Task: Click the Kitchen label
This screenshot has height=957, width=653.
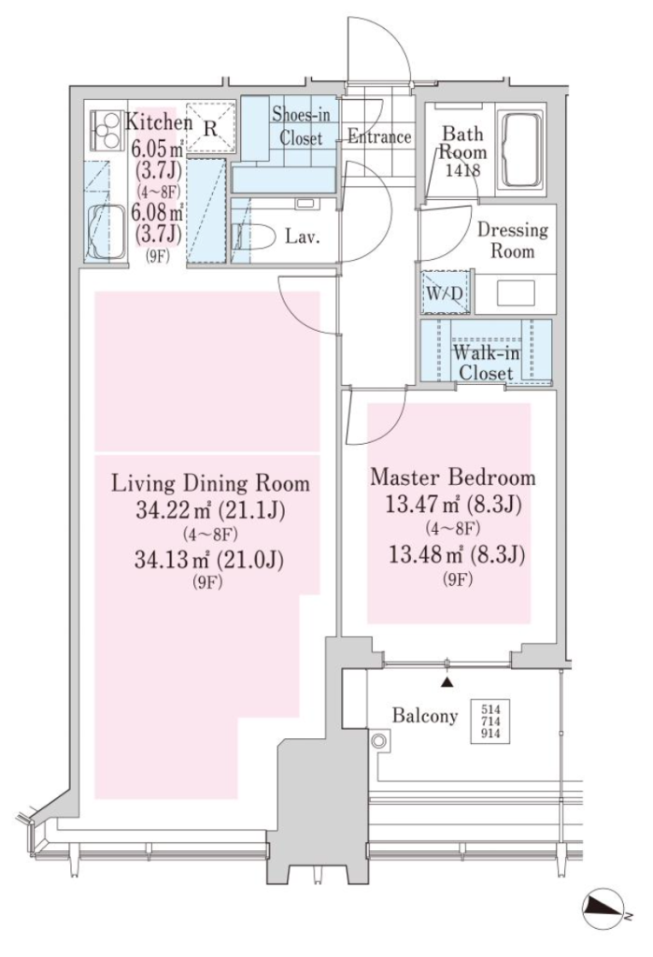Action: (158, 122)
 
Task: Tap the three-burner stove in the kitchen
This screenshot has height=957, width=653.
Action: (105, 129)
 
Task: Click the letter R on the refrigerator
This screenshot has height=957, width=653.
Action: (209, 128)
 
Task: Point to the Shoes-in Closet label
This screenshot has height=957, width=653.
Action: (301, 126)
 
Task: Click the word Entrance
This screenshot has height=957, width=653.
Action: (379, 137)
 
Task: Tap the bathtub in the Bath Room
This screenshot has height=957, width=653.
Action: (519, 150)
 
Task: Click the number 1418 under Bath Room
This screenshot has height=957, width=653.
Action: (462, 170)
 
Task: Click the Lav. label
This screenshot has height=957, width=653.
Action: (303, 236)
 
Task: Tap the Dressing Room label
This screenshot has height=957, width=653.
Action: (512, 240)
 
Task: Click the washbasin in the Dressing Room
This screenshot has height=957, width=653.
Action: (516, 293)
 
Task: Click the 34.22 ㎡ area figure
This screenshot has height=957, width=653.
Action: (174, 509)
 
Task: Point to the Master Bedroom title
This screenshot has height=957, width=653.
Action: (452, 477)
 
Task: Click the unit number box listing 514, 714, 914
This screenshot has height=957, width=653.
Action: (490, 721)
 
